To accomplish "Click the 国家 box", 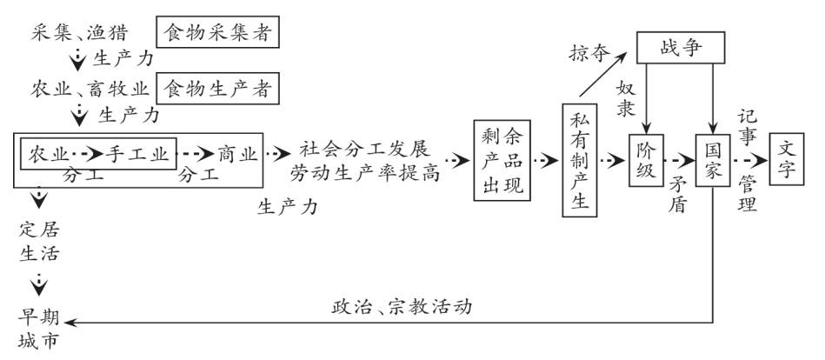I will [x=709, y=161].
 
